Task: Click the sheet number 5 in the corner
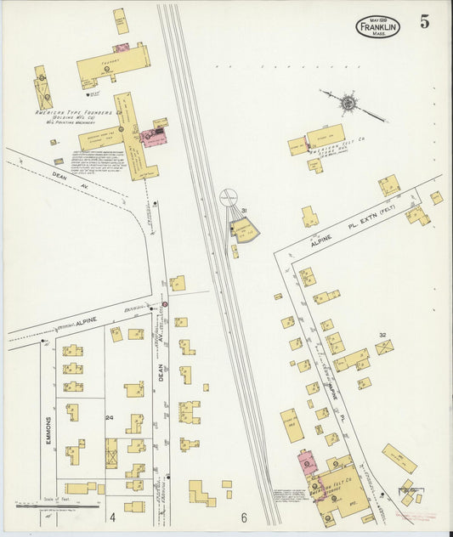tap(424, 22)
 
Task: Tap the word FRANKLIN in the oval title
tap(378, 27)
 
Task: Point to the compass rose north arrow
tap(349, 104)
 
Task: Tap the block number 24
tap(110, 418)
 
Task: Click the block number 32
tap(383, 336)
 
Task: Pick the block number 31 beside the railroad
tap(244, 210)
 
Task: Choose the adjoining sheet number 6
tap(243, 517)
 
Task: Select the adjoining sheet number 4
tap(111, 517)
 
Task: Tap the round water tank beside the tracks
tap(229, 197)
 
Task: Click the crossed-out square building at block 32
tap(384, 348)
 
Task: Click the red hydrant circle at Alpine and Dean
tap(165, 303)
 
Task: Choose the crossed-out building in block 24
tap(111, 453)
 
